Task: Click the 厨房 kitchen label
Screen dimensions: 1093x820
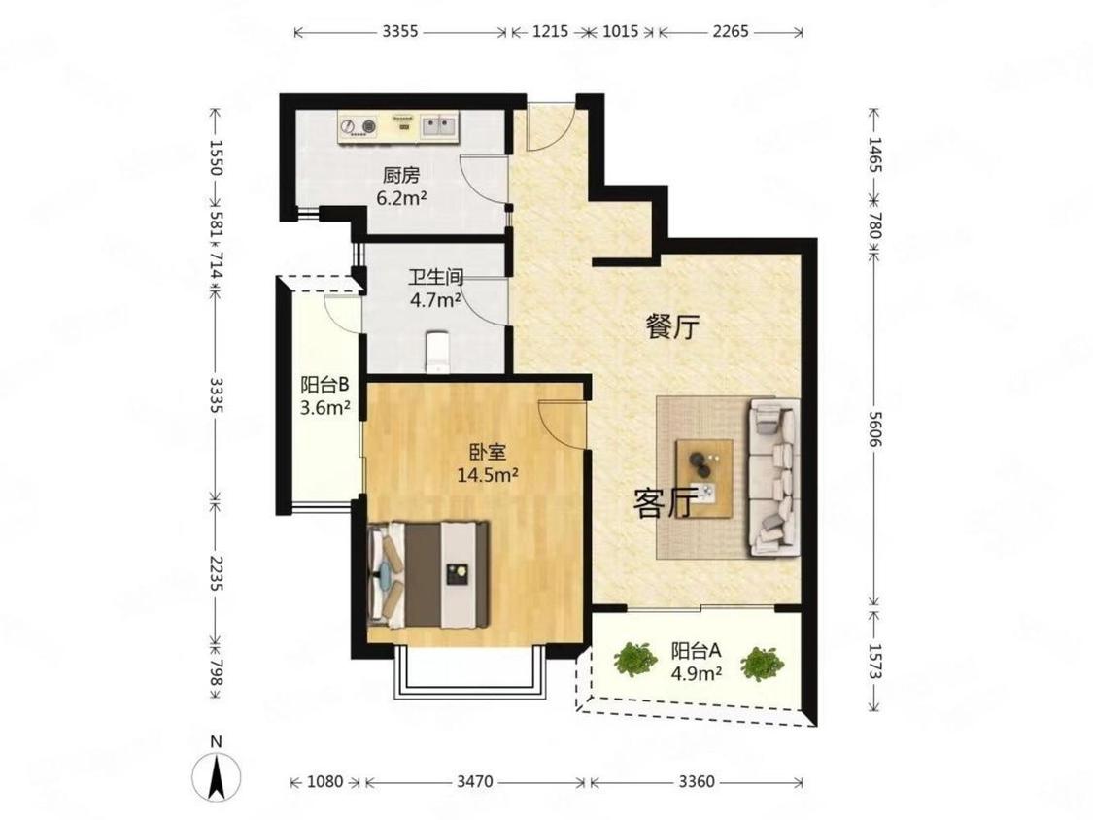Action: point(401,175)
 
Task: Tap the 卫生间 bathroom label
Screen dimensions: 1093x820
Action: point(435,278)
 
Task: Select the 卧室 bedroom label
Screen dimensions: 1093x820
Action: point(488,453)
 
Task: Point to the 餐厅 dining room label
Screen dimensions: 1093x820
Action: point(672,326)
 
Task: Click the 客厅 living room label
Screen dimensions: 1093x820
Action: point(665,502)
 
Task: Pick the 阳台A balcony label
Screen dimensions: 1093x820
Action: point(696,651)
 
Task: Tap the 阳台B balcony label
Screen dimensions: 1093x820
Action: point(324,385)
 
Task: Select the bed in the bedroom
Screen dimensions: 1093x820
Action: point(428,574)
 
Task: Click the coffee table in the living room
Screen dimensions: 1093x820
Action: point(704,478)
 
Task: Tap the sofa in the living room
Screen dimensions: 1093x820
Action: point(773,477)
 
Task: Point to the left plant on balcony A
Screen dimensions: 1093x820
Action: point(635,659)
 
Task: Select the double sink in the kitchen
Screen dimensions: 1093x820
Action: point(438,126)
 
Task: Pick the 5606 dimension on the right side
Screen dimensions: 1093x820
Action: point(875,430)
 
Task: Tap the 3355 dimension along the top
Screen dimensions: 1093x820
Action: point(400,31)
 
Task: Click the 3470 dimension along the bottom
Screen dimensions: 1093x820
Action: point(475,782)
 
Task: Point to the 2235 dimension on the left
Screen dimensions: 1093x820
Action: point(216,573)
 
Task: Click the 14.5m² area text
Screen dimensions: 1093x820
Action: point(488,475)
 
